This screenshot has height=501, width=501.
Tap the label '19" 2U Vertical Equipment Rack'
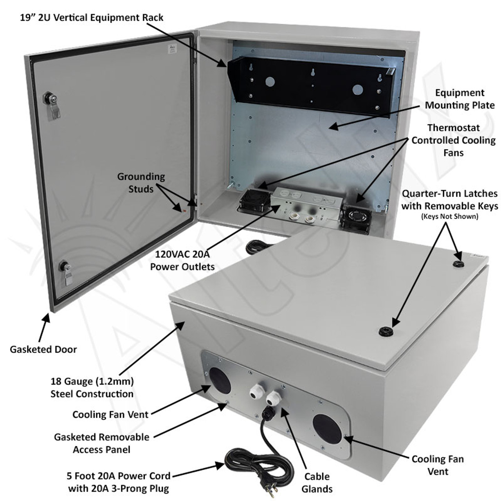(92, 18)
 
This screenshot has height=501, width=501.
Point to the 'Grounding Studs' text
(141, 183)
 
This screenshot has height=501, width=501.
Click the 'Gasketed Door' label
(43, 350)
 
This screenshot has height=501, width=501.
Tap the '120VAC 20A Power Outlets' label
(182, 260)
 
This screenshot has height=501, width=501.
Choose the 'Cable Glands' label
(317, 482)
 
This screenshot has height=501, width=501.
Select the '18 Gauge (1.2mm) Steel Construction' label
(92, 387)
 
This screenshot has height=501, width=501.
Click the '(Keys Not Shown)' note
(449, 216)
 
